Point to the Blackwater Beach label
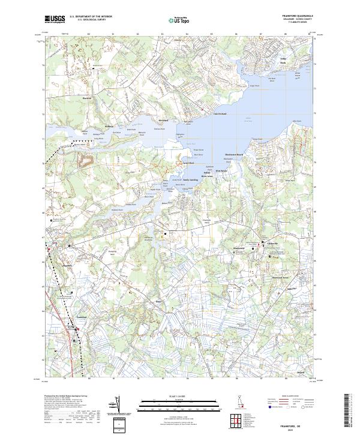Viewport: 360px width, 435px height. tap(233, 154)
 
